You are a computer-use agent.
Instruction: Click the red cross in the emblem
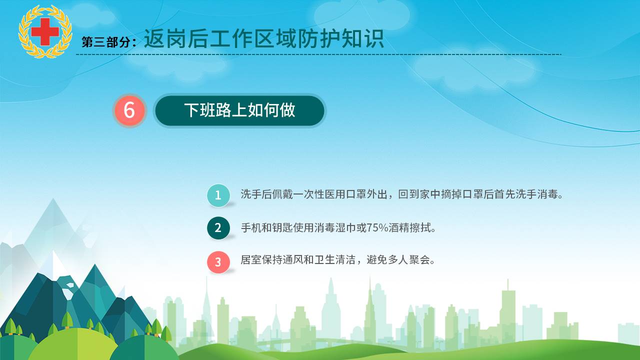pos(45,31)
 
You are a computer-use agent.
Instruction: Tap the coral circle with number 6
pos(129,110)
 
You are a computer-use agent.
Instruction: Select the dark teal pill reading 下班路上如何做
pos(239,110)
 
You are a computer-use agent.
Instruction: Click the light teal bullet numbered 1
pos(218,195)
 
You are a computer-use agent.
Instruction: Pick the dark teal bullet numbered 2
pos(218,228)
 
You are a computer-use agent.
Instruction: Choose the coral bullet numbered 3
pos(218,262)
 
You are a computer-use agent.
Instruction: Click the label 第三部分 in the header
pos(106,42)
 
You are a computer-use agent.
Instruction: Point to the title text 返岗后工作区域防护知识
pos(263,38)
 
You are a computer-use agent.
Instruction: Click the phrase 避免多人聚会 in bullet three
pos(398,260)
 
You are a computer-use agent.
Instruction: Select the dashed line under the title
pos(318,54)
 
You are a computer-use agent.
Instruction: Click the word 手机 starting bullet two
pos(251,228)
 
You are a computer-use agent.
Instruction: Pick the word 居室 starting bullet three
pos(251,260)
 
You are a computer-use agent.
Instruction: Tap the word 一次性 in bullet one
pos(309,194)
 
